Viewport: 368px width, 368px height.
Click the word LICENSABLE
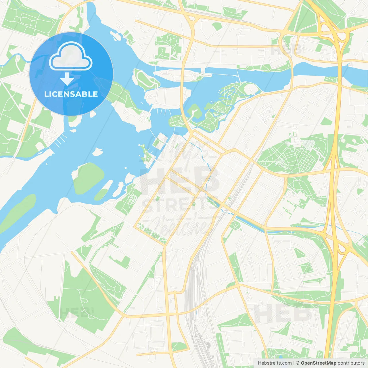click(x=71, y=94)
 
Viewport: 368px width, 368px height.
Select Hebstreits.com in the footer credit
click(x=275, y=363)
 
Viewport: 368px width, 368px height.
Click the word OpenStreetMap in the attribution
click(x=318, y=363)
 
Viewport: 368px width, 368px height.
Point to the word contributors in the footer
click(x=351, y=363)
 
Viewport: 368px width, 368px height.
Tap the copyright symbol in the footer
click(x=298, y=363)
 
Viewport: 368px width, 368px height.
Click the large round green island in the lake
click(x=88, y=178)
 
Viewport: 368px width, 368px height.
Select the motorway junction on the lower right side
click(x=339, y=244)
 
